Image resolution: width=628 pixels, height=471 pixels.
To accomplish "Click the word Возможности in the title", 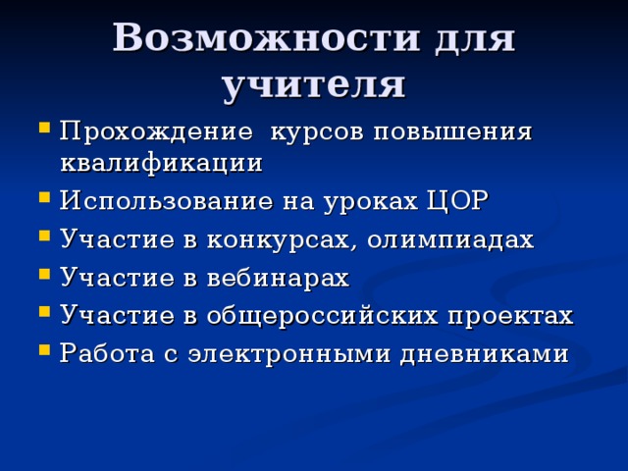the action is tap(266, 37).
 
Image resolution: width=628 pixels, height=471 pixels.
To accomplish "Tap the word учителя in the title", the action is tap(314, 85).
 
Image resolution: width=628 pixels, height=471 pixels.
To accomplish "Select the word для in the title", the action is tap(475, 39).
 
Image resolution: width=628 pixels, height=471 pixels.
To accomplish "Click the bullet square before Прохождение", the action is tap(44, 128).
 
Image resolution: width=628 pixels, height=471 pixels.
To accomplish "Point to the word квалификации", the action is tap(161, 164).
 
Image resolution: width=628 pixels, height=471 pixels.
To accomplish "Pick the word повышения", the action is tap(452, 131).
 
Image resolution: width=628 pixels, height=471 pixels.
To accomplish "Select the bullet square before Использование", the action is tap(44, 197).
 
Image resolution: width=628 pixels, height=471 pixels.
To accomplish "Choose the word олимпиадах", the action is tap(450, 239).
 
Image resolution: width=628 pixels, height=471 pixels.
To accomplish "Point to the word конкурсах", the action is tap(279, 240).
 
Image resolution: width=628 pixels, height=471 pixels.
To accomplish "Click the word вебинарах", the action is tap(278, 278).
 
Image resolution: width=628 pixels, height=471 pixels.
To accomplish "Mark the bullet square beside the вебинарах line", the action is tap(44, 275).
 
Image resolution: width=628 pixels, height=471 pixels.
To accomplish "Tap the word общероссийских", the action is tap(322, 316).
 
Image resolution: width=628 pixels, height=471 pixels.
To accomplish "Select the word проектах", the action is tap(510, 316).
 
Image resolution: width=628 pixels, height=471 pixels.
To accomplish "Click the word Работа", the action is tap(107, 353).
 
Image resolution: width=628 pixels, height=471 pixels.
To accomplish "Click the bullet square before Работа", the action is tap(44, 349).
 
